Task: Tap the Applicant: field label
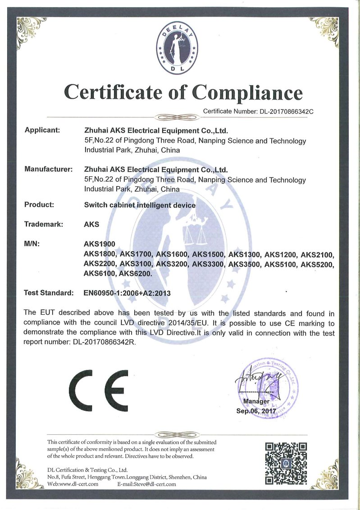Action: click(42, 130)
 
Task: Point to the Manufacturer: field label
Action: click(49, 170)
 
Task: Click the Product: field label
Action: click(39, 205)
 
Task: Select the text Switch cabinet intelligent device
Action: click(140, 205)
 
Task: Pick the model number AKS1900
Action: click(100, 244)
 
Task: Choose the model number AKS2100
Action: click(318, 254)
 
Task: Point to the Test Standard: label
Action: click(49, 293)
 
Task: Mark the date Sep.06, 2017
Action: click(255, 411)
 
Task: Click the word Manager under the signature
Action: click(256, 401)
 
